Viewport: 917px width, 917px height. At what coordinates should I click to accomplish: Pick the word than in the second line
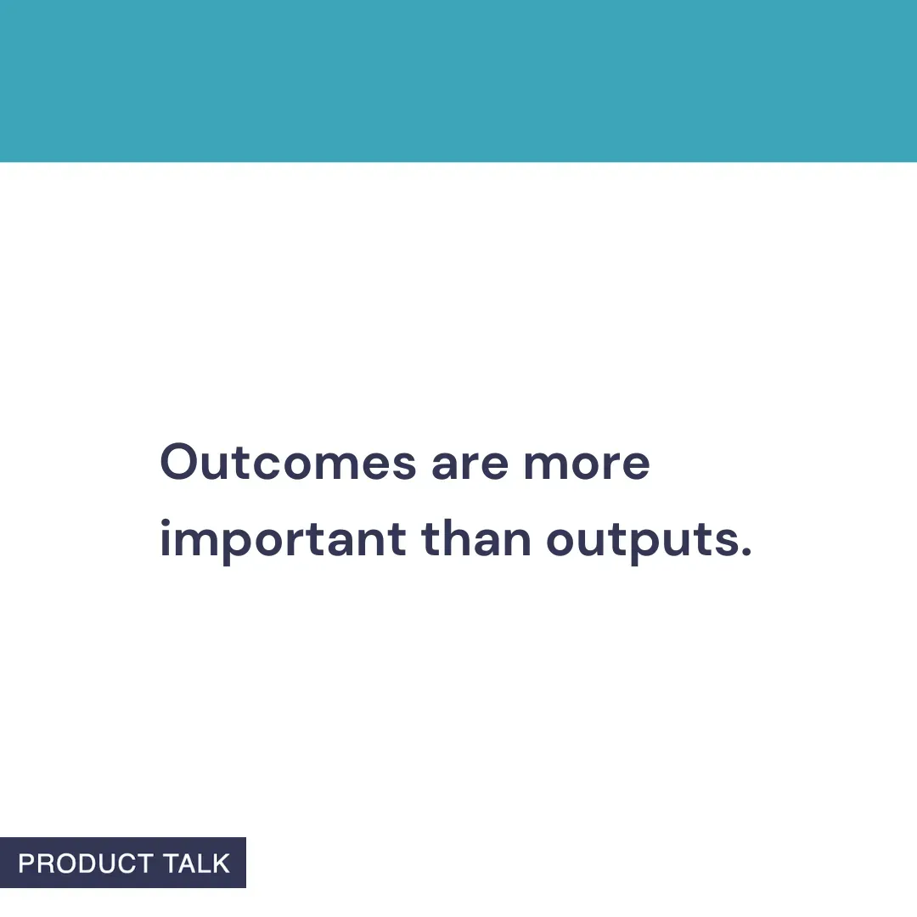[476, 540]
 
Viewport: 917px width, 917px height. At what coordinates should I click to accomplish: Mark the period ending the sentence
[746, 554]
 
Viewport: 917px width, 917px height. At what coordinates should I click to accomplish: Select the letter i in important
[166, 538]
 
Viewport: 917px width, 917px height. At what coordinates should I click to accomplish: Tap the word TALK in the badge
[196, 864]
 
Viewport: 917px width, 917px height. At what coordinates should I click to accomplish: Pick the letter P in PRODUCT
[25, 864]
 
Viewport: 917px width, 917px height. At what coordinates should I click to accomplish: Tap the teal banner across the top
[458, 81]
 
